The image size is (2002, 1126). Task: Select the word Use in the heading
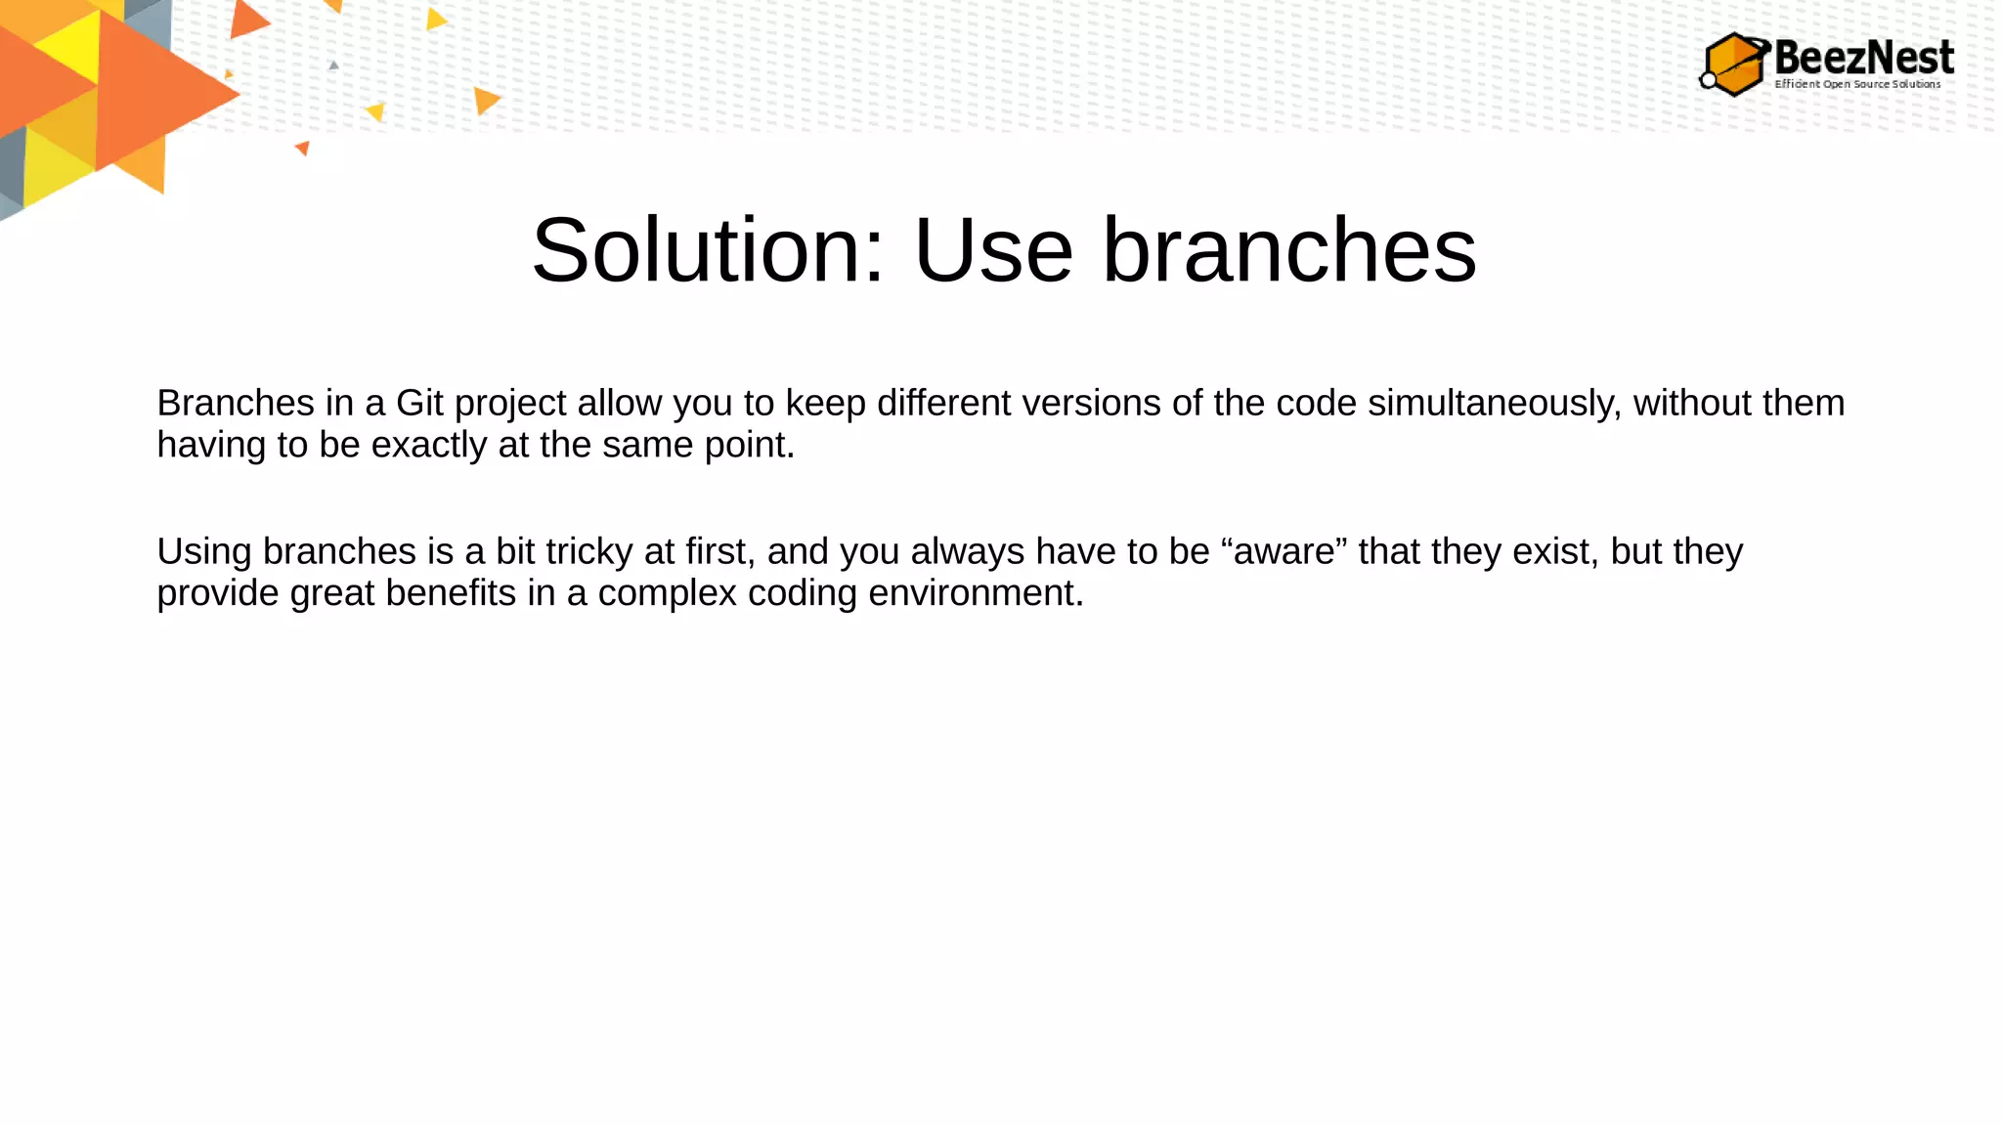[992, 251]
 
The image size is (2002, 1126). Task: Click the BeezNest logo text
[1863, 57]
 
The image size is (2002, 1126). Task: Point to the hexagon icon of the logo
[1733, 65]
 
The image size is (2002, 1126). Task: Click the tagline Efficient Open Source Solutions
[1857, 84]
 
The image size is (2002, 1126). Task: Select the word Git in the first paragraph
[419, 404]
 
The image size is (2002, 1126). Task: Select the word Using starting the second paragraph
[204, 552]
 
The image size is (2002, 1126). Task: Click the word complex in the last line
[667, 593]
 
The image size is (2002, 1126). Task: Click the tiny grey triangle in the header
[333, 65]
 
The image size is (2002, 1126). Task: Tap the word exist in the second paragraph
[1555, 552]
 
